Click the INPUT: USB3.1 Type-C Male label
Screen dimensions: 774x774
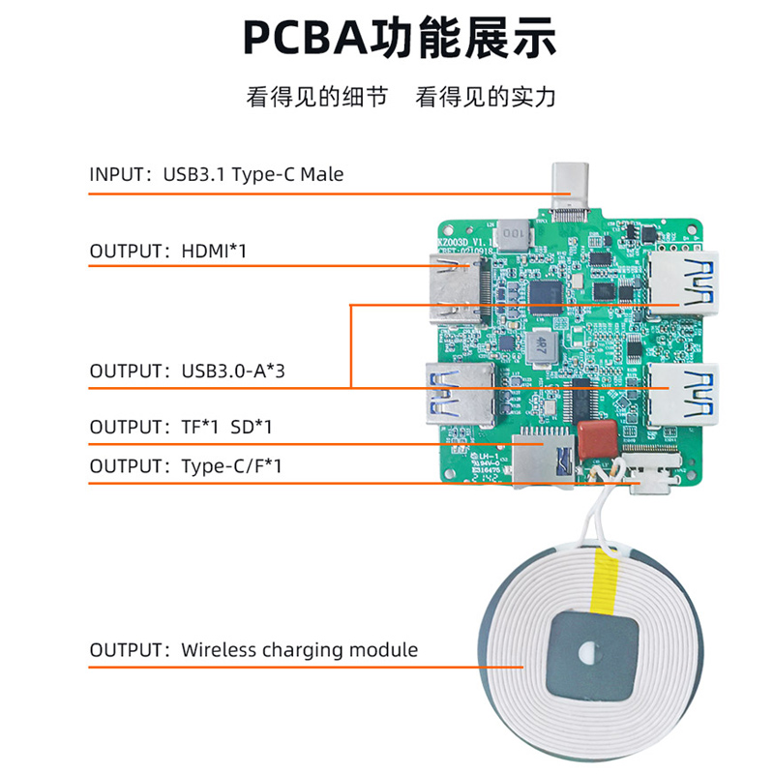click(x=216, y=174)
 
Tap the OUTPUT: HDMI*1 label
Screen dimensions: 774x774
click(x=169, y=252)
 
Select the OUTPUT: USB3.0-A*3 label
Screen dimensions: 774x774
click(x=187, y=371)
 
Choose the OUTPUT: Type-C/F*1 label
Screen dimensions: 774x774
click(x=185, y=465)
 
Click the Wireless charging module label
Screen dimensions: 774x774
click(x=253, y=649)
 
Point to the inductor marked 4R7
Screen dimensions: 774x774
click(x=542, y=342)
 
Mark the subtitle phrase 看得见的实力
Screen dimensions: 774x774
click(x=486, y=98)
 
